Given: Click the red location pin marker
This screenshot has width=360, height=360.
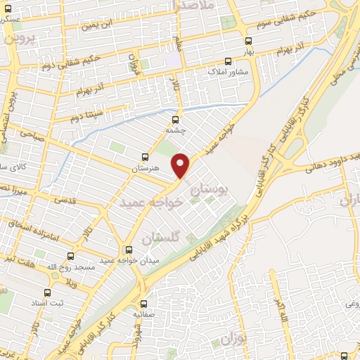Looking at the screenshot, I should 181,165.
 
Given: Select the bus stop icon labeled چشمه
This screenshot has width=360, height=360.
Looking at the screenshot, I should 176,119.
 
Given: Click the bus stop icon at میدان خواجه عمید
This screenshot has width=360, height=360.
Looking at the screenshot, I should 128,250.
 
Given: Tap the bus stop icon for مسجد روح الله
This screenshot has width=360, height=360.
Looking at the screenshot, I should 70,256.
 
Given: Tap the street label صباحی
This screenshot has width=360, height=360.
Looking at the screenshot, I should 31,131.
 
